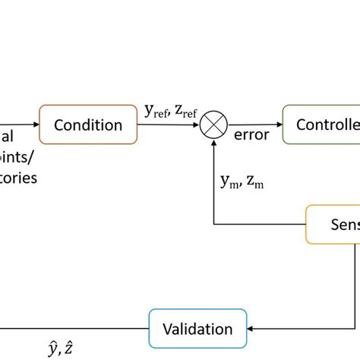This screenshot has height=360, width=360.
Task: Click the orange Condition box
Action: point(87,125)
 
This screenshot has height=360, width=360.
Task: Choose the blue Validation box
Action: point(197,328)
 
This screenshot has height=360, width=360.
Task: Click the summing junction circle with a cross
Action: point(213,125)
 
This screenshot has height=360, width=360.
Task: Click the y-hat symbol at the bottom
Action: point(53,348)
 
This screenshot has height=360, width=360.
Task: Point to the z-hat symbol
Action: point(69,348)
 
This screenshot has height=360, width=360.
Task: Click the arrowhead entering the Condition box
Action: point(35,125)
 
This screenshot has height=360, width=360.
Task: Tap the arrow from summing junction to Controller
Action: point(254,125)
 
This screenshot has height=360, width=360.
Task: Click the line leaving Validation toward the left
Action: point(76,329)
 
